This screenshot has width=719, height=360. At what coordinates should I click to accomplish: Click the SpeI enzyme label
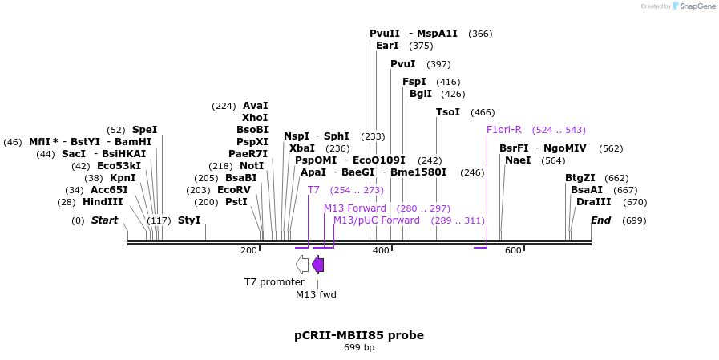(x=144, y=129)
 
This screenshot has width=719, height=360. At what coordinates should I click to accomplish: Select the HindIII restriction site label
(x=103, y=202)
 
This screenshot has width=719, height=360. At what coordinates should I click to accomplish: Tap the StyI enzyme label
(x=189, y=220)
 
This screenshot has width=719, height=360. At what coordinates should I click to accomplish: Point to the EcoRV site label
(x=234, y=190)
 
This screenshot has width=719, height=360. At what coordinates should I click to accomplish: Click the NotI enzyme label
(x=252, y=166)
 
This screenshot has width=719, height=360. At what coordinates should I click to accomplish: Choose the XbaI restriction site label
(x=302, y=148)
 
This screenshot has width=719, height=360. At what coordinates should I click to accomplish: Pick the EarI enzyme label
(x=387, y=46)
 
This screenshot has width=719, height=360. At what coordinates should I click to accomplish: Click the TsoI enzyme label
(x=448, y=112)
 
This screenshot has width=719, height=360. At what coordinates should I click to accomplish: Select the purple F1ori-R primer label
(x=504, y=130)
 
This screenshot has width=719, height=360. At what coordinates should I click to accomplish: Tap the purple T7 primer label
(x=313, y=190)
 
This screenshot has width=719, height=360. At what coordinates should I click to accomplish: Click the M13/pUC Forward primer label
(x=377, y=220)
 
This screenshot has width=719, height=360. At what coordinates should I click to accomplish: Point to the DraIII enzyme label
(x=594, y=202)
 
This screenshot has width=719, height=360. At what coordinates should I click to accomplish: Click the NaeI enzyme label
(x=518, y=160)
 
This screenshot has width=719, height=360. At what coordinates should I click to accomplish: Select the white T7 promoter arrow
(x=301, y=264)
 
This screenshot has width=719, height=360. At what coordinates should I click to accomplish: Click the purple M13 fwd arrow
(x=317, y=264)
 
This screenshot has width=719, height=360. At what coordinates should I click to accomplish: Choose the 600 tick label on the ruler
(x=513, y=251)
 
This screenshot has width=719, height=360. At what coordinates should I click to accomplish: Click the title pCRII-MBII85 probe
(x=359, y=335)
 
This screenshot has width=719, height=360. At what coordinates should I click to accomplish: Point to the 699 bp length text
(x=359, y=348)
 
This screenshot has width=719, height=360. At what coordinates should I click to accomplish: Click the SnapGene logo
(x=694, y=6)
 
